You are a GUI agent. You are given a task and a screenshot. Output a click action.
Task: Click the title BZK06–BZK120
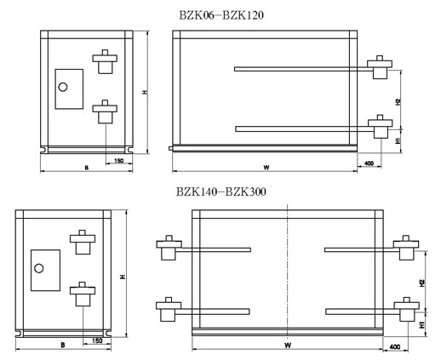coord(221,15)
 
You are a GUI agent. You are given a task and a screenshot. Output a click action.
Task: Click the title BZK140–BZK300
coord(221,191)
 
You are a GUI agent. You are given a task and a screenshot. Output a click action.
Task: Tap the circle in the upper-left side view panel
coord(63,87)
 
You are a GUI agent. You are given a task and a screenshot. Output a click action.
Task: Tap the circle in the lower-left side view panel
coord(38,268)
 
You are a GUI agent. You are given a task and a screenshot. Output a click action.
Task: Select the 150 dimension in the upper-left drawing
coord(118,161)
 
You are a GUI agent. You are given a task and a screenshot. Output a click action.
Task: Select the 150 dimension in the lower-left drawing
coord(97,340)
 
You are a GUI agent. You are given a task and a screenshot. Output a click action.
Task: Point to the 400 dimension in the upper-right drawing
coord(369,163)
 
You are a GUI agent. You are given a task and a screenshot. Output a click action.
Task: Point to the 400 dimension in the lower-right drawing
coord(395,346)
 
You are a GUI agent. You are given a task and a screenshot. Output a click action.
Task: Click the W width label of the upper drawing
coord(266,168)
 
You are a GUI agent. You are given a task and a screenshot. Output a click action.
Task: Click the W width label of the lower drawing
coord(288,346)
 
